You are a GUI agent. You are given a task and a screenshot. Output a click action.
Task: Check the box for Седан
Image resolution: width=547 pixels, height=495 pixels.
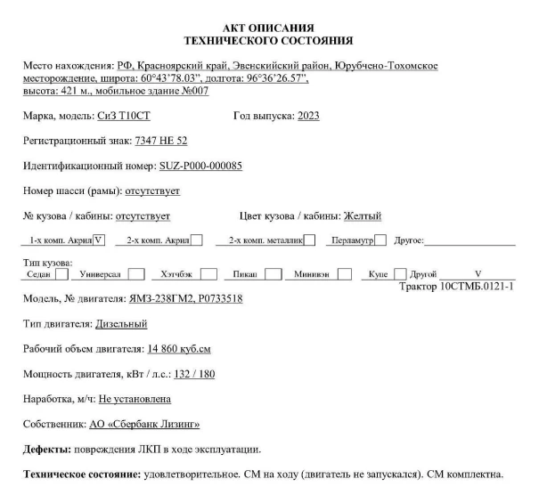[x=61, y=274]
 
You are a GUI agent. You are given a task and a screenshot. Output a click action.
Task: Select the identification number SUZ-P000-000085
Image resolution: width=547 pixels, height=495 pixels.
[x=200, y=166]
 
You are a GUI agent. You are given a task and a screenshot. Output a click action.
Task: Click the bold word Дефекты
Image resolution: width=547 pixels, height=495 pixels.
[x=43, y=448]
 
